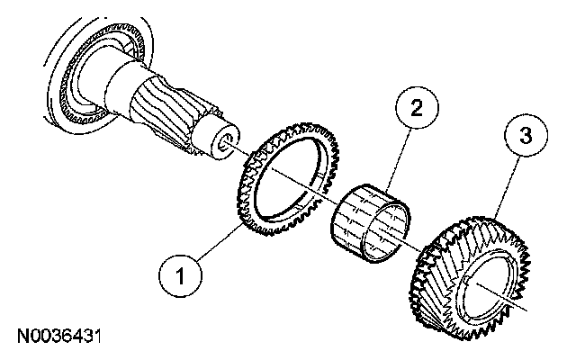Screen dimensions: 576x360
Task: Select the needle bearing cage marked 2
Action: coord(368,216)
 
